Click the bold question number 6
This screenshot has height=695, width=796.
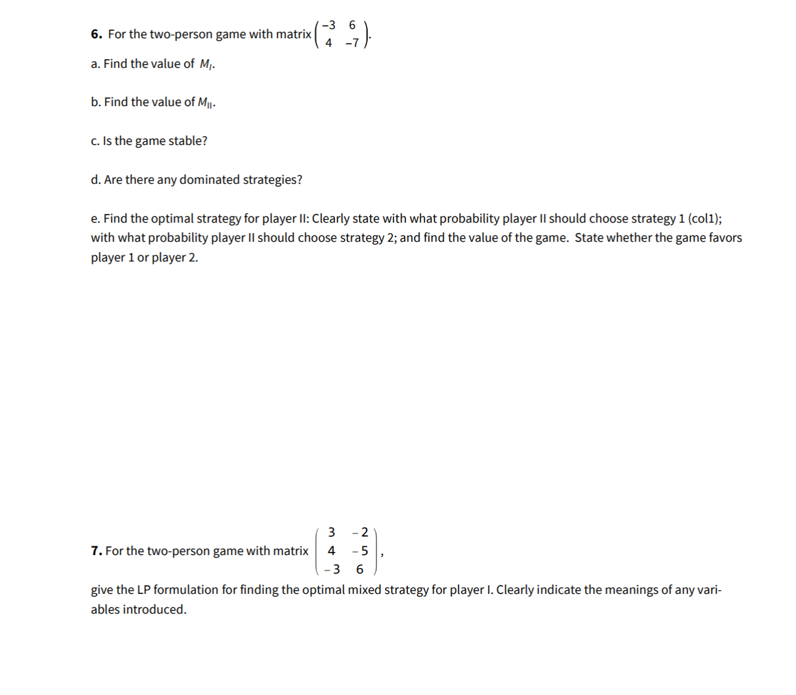pyautogui.click(x=96, y=35)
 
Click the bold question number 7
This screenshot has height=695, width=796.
pyautogui.click(x=96, y=551)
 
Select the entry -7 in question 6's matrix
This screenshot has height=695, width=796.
pyautogui.click(x=352, y=43)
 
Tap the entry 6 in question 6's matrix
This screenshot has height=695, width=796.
pyautogui.click(x=352, y=25)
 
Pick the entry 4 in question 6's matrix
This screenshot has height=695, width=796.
pyautogui.click(x=328, y=43)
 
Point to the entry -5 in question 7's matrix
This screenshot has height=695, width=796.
pyautogui.click(x=360, y=551)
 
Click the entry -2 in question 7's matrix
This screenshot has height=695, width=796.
pyautogui.click(x=360, y=532)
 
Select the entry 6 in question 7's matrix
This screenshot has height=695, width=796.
pyautogui.click(x=360, y=569)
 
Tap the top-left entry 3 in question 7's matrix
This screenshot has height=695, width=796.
pyautogui.click(x=331, y=532)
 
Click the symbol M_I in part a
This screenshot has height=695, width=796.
pyautogui.click(x=207, y=64)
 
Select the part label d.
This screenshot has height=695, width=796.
pyautogui.click(x=96, y=179)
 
